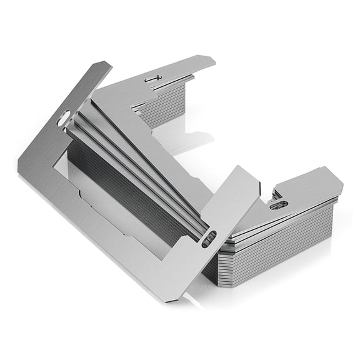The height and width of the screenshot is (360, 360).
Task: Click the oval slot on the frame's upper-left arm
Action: (x=64, y=117)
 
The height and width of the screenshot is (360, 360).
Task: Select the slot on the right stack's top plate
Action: (x=279, y=204)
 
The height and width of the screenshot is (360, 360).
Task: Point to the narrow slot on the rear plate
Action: (x=152, y=78)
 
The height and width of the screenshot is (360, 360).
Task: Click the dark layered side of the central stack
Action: (x=125, y=187)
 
